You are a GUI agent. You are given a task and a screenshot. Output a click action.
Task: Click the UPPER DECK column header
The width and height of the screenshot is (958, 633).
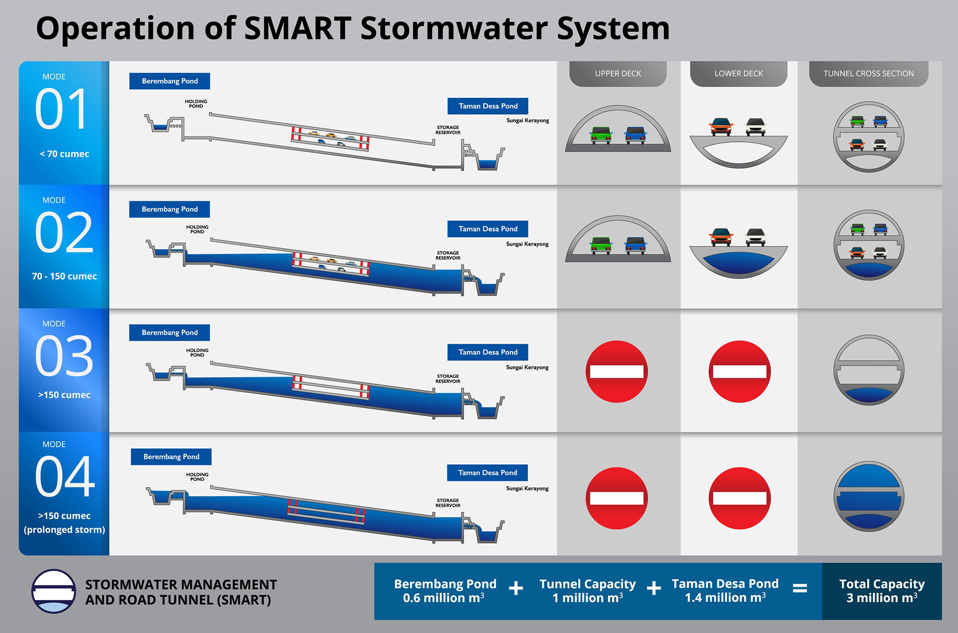click(x=618, y=73)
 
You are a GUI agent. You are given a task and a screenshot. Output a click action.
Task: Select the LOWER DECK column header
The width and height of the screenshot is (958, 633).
click(x=739, y=73)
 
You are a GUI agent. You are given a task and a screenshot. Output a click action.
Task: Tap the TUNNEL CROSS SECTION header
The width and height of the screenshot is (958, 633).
click(x=868, y=73)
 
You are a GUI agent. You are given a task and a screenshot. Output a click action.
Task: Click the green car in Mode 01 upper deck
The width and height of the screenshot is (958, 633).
click(x=601, y=135)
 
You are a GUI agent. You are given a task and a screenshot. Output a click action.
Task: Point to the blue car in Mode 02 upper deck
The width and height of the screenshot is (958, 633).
click(x=635, y=245)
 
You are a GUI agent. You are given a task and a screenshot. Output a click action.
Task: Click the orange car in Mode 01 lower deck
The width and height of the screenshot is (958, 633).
click(x=721, y=127)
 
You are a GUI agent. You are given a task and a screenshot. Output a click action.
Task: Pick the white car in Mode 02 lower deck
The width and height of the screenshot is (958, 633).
click(x=755, y=237)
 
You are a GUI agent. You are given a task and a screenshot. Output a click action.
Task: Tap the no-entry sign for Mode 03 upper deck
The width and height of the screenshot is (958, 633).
click(x=617, y=371)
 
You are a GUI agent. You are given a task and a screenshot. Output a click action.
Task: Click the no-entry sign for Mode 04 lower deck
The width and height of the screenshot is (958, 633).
click(x=740, y=498)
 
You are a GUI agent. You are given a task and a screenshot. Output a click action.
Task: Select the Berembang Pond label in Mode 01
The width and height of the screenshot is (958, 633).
click(x=170, y=81)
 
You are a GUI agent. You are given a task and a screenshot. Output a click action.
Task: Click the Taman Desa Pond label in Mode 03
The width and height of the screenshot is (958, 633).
click(x=488, y=352)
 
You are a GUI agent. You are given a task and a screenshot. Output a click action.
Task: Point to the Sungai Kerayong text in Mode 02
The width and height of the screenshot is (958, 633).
click(x=527, y=244)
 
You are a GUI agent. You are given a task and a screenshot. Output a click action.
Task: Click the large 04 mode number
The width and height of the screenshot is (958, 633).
click(x=65, y=476)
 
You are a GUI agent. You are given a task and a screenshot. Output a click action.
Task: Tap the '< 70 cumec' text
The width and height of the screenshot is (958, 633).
click(x=64, y=154)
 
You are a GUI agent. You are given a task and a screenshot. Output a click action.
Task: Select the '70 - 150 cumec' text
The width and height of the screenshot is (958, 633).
click(x=64, y=276)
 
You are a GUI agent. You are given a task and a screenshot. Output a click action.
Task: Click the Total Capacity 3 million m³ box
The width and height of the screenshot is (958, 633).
click(x=882, y=591)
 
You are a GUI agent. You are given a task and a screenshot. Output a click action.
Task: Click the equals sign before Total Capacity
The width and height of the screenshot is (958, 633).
click(x=800, y=588)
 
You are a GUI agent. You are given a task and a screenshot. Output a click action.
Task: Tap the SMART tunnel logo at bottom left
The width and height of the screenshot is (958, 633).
click(x=54, y=591)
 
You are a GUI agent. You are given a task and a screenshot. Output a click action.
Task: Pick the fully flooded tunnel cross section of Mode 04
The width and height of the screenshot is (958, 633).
click(x=868, y=496)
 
